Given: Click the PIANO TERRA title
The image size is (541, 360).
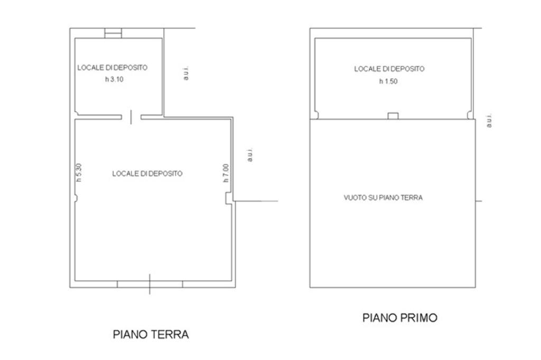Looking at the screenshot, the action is [x=151, y=335].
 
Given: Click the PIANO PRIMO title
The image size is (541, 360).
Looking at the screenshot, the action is [x=400, y=318].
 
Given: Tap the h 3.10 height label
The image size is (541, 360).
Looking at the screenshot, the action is [x=114, y=79].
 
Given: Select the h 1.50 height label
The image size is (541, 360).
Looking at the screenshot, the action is [x=388, y=81].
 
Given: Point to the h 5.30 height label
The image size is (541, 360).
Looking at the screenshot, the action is [x=79, y=173].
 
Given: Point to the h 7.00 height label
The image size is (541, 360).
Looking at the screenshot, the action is [x=226, y=173].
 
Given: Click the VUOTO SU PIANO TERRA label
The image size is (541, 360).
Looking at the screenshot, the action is [x=383, y=197].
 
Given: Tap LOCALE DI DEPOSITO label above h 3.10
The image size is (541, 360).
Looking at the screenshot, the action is [x=113, y=68].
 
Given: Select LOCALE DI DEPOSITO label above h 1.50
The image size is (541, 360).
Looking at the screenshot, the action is [x=389, y=69].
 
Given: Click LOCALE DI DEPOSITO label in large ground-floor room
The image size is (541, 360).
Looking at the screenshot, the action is [x=147, y=174].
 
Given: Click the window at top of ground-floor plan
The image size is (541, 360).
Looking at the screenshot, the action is [x=113, y=33].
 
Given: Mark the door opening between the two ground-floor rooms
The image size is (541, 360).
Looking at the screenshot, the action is [x=131, y=117].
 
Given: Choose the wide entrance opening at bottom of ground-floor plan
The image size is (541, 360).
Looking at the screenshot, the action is [x=150, y=284].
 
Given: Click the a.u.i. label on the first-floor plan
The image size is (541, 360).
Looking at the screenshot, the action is [x=489, y=121].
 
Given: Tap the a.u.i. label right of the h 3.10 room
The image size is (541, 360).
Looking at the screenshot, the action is [x=186, y=73].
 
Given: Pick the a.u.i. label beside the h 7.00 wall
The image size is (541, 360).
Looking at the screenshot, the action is [x=250, y=155].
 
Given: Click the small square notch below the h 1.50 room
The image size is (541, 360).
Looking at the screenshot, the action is [x=393, y=116].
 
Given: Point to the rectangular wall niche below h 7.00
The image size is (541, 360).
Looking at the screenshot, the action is [x=229, y=198].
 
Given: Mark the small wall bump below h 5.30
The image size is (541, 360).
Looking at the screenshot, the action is [x=76, y=198].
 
